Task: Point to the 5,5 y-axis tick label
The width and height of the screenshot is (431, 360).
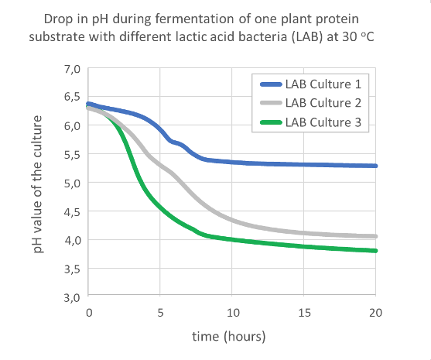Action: (x=71, y=155)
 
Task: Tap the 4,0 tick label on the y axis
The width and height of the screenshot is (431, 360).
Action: (x=71, y=240)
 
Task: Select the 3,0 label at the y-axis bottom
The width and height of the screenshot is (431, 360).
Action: (x=71, y=297)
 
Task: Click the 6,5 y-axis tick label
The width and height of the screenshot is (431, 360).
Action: (x=71, y=98)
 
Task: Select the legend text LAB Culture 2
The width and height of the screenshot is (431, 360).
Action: (x=323, y=103)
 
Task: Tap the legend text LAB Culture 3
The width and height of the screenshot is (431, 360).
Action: (x=323, y=122)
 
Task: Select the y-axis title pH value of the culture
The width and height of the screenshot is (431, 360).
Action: (x=45, y=183)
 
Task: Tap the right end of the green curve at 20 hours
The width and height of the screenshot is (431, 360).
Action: (x=375, y=250)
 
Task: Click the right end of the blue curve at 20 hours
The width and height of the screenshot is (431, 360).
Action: (x=375, y=166)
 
